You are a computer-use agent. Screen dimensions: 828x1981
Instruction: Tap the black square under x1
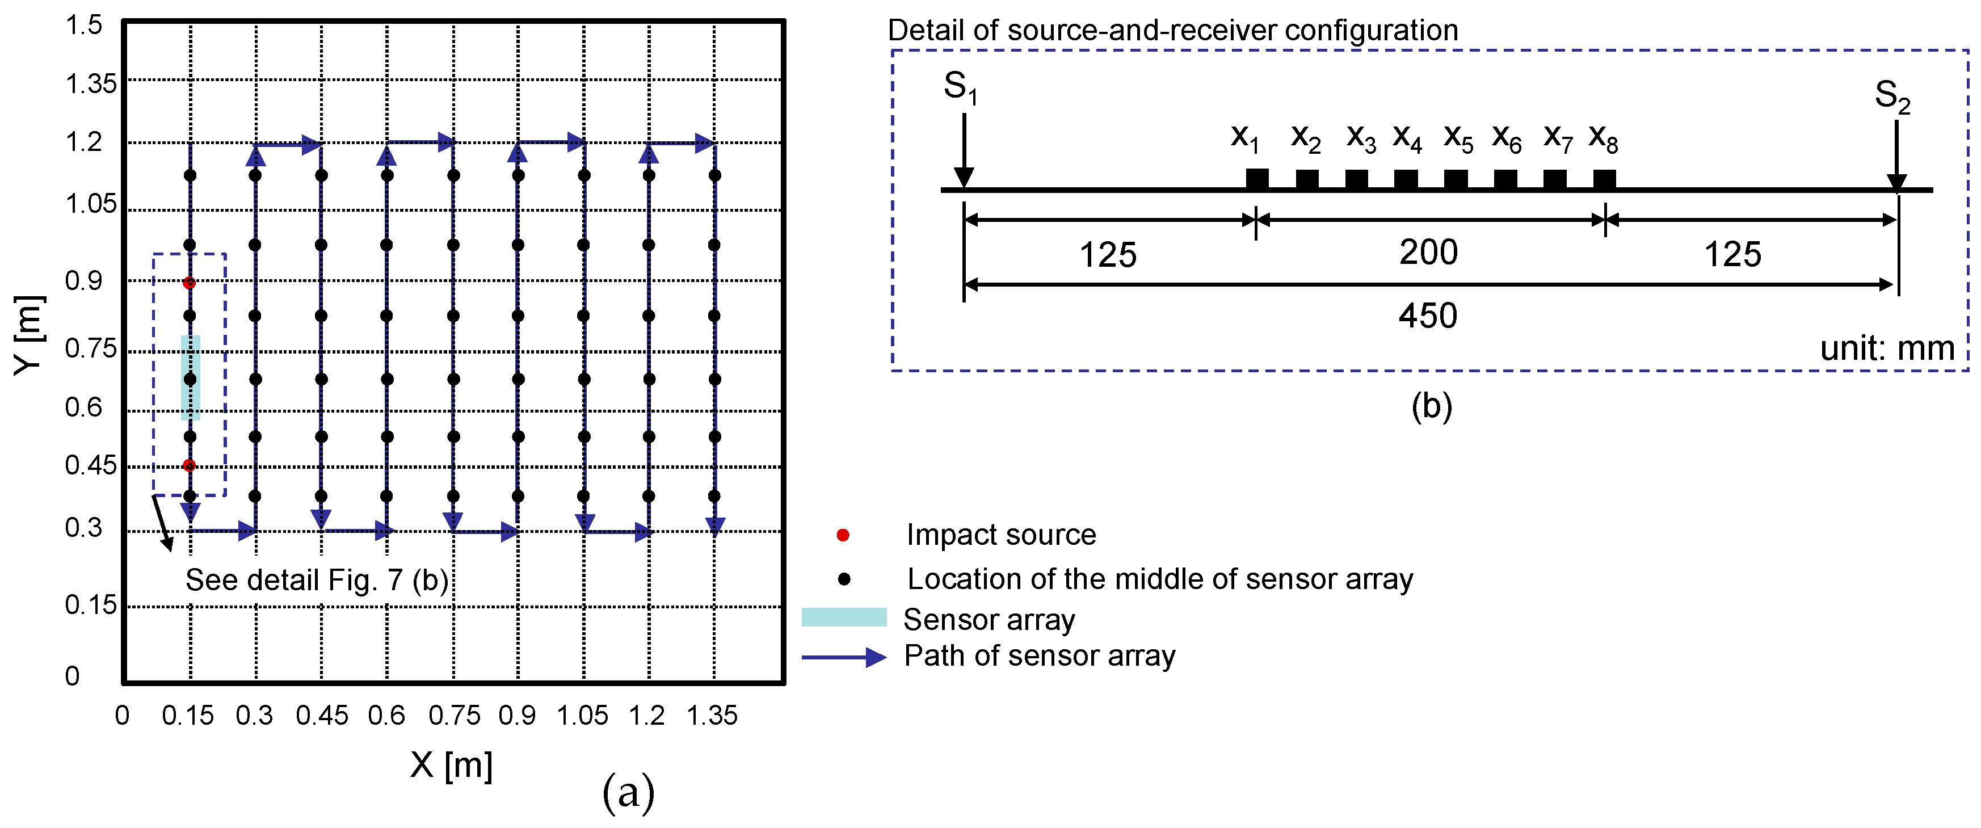tap(1256, 178)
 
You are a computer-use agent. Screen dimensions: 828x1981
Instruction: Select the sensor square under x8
tap(1604, 178)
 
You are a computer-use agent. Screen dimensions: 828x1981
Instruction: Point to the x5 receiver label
tap(1457, 138)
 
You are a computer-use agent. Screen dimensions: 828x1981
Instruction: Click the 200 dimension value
tap(1428, 252)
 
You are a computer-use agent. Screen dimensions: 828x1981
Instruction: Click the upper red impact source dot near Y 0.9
tap(189, 283)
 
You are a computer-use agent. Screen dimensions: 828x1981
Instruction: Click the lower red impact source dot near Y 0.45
tap(189, 465)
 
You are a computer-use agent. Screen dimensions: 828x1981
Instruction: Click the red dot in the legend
tap(843, 535)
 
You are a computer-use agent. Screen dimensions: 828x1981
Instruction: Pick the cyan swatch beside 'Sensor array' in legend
tap(844, 617)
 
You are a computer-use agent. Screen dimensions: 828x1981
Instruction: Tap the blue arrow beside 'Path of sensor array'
tap(844, 657)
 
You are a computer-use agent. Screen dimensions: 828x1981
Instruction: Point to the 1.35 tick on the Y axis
tap(90, 83)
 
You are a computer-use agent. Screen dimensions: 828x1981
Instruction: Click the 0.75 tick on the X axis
tap(454, 716)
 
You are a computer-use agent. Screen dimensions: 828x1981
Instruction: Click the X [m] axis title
tap(452, 765)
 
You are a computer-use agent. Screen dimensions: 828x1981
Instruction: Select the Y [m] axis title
tap(28, 335)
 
